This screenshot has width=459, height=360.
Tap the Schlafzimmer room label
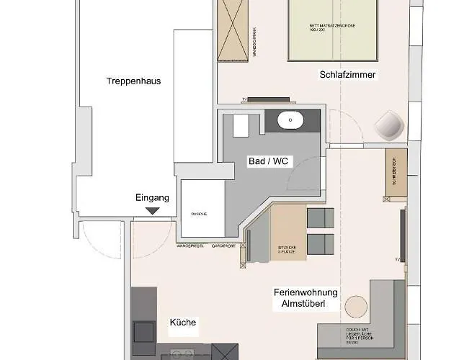click(349, 74)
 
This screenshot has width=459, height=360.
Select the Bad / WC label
click(268, 161)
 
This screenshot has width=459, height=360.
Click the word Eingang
click(152, 197)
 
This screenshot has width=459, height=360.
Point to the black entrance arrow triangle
click(152, 210)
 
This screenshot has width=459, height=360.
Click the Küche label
click(182, 323)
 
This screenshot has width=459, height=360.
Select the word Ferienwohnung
click(302, 293)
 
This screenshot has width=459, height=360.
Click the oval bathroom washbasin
click(291, 120)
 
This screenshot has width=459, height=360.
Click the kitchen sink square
click(143, 332)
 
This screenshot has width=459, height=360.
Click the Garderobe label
click(224, 246)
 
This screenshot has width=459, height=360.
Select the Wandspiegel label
click(190, 246)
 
